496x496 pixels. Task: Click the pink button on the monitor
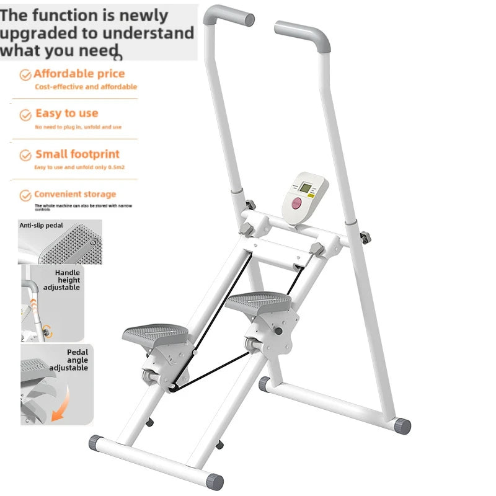[x=297, y=203]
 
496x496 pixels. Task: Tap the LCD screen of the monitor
[x=306, y=187]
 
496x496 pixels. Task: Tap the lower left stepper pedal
[x=155, y=335]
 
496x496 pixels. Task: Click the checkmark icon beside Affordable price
[x=25, y=74]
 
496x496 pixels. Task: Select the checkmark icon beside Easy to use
[x=25, y=115]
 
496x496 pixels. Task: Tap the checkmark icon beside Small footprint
[x=25, y=155]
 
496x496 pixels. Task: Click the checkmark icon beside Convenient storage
[x=25, y=195]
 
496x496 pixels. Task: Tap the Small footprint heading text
[x=77, y=154]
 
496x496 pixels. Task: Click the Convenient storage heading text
[x=75, y=194]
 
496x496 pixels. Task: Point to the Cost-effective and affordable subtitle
[x=86, y=87]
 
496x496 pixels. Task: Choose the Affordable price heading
[x=79, y=74]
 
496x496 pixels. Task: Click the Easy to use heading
[x=67, y=113]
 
